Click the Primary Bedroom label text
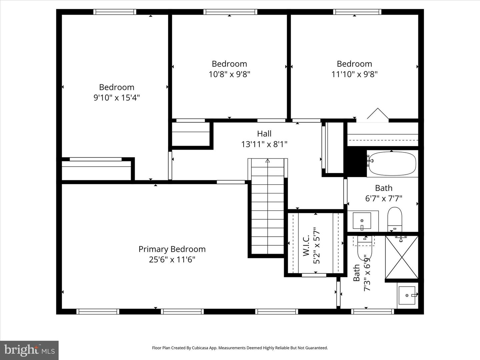[x=172, y=249]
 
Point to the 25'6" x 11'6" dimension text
[x=172, y=259]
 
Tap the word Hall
[x=264, y=134]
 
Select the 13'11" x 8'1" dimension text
[x=264, y=144]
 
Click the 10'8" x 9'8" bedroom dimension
[x=229, y=74]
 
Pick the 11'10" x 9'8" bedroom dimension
[x=354, y=74]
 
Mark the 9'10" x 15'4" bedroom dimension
[x=116, y=97]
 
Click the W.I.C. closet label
[x=306, y=246]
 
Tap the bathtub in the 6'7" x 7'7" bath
[x=392, y=164]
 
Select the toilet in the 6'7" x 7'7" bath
[x=395, y=218]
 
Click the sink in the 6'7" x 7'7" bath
[x=362, y=221]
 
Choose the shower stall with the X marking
[x=401, y=257]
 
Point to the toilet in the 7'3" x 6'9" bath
[x=365, y=248]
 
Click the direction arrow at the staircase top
[x=267, y=161]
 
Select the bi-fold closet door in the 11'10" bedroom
[x=378, y=114]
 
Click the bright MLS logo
[x=29, y=350]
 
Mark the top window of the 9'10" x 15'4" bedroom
[x=115, y=12]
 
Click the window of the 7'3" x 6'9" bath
[x=372, y=311]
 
